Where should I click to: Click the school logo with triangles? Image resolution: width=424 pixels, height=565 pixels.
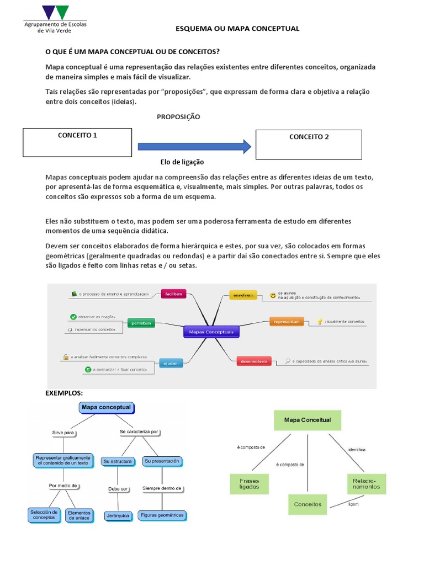click(x=55, y=12)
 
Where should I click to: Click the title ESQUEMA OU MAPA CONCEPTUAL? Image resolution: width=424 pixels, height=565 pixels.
click(x=237, y=28)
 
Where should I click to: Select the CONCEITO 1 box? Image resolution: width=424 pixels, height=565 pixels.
click(x=77, y=142)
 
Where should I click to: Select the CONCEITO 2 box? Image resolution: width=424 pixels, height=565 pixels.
click(x=309, y=144)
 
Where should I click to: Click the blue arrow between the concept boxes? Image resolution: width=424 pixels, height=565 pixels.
click(x=194, y=147)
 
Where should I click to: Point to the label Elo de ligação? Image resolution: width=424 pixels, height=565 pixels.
click(x=182, y=162)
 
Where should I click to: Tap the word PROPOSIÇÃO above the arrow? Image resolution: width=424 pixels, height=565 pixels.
click(x=178, y=117)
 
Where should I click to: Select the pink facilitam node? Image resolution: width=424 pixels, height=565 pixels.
click(x=173, y=295)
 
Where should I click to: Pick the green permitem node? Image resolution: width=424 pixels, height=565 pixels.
click(x=140, y=323)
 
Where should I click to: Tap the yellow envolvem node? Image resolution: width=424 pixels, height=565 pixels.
click(x=243, y=296)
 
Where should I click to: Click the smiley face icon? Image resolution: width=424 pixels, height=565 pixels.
click(x=273, y=296)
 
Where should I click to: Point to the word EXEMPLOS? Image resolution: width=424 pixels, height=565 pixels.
click(x=63, y=393)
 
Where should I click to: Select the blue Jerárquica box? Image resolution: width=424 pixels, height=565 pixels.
click(x=118, y=516)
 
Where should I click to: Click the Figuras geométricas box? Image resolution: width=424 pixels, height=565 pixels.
click(x=162, y=515)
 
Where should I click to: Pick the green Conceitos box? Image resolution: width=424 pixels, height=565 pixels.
click(x=308, y=504)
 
